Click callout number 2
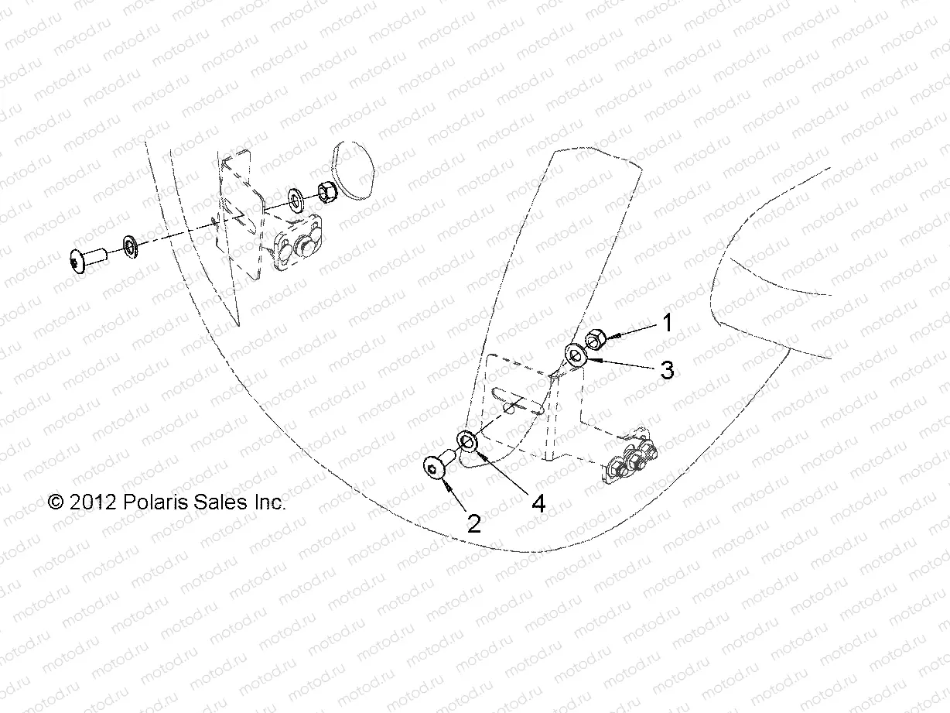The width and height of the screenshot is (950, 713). pyautogui.click(x=474, y=524)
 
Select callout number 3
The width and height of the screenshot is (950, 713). pyautogui.click(x=667, y=370)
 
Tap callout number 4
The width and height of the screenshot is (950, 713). pyautogui.click(x=538, y=503)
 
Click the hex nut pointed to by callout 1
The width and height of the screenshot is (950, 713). pyautogui.click(x=596, y=338)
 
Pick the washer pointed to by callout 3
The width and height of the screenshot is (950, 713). pyautogui.click(x=576, y=355)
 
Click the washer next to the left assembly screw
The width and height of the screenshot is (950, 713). pyautogui.click(x=130, y=247)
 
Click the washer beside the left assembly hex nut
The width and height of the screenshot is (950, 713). pyautogui.click(x=296, y=200)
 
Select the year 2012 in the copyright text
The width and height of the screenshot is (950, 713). pyautogui.click(x=93, y=502)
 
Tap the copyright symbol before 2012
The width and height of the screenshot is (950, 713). pyautogui.click(x=56, y=502)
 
